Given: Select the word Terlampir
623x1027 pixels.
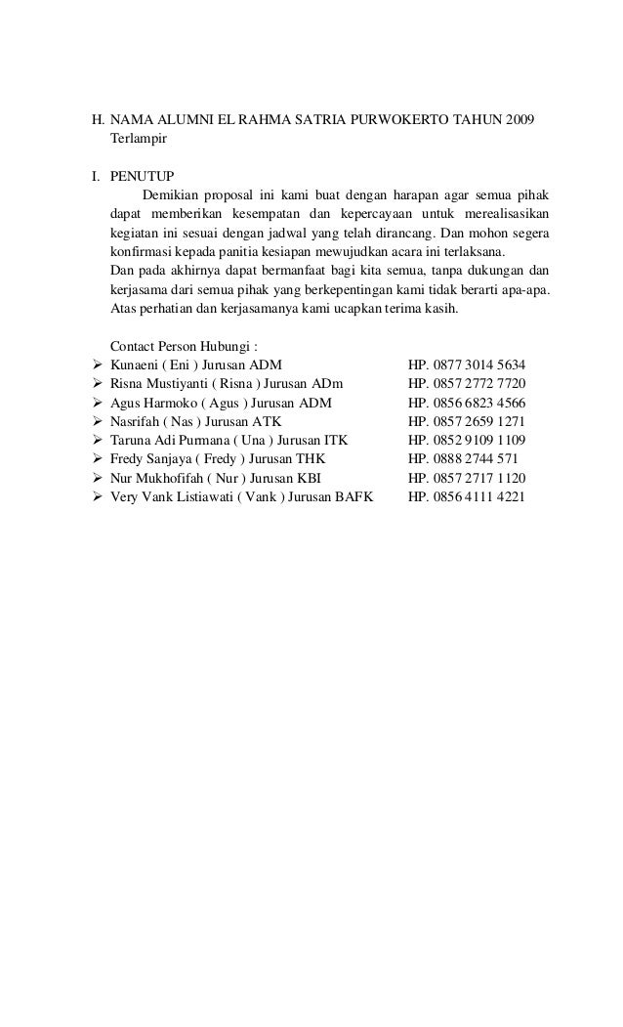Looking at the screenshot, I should pos(140,141).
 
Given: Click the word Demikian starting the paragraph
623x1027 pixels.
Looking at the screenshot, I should pos(173,194).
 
